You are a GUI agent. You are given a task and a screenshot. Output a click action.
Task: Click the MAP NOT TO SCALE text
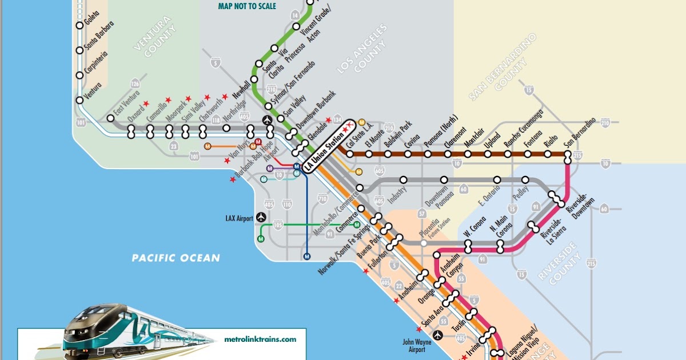click(247, 6)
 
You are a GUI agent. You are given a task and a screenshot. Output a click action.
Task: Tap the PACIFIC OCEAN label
click(176, 258)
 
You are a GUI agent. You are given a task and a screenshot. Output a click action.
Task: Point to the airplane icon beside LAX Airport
click(262, 217)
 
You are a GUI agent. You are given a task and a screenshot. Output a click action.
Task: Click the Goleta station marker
click(79, 26)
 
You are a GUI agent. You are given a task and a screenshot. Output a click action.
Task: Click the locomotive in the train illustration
click(97, 331)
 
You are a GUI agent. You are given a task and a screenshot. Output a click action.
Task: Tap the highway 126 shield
click(135, 83)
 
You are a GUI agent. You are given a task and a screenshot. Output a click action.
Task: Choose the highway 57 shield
click(422, 213)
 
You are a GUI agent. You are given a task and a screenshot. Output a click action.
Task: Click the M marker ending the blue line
click(307, 256)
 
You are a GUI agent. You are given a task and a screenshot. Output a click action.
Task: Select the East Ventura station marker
click(110, 118)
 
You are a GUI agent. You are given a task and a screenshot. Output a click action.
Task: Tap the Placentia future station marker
click(423, 243)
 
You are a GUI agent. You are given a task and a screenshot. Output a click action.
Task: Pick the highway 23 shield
click(173, 146)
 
